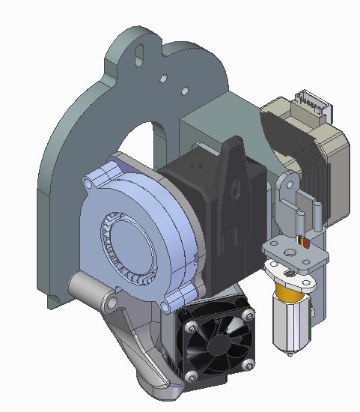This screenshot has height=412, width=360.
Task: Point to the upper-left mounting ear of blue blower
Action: (113, 161)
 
